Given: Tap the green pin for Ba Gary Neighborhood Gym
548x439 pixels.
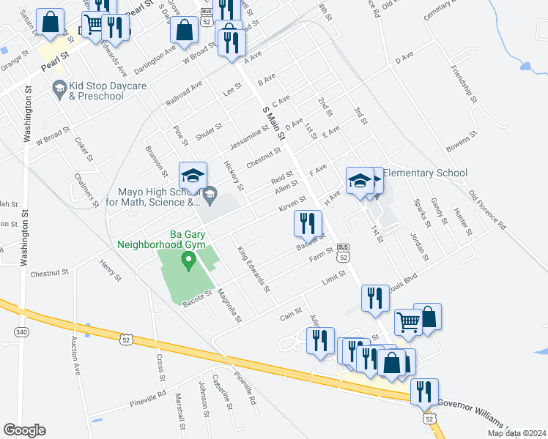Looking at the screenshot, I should click(x=188, y=260).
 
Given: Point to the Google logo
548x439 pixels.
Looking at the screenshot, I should click(x=24, y=430).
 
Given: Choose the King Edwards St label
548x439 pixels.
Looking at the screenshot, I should click(x=253, y=269).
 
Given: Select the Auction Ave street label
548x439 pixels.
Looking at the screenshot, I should click(x=76, y=355).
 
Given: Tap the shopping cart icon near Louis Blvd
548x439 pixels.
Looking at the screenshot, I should click(x=408, y=320).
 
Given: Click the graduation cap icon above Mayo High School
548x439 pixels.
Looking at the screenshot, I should click(x=193, y=176).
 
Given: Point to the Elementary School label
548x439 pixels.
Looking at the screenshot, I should click(x=425, y=173).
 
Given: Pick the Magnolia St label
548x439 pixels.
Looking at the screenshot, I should click(x=229, y=305).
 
